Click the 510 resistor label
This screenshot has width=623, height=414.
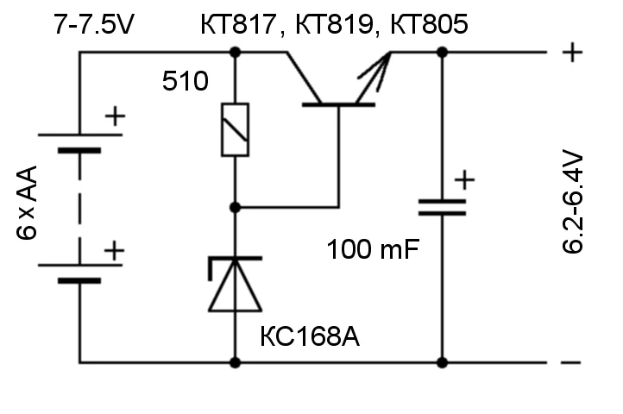186,83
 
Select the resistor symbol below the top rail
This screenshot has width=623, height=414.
235,129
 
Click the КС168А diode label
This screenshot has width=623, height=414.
310,336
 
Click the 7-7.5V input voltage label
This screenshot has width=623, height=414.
94,26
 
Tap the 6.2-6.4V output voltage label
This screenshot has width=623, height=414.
574,205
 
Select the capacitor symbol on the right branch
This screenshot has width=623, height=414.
442,207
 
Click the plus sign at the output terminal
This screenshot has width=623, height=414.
570,52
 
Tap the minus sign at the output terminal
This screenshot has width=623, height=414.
570,362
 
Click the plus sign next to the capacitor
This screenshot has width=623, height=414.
464,180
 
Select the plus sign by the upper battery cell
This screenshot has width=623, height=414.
114,116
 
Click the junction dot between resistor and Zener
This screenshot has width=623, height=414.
235,208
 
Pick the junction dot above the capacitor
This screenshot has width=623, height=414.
442,53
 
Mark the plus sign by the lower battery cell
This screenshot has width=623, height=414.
114,251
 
